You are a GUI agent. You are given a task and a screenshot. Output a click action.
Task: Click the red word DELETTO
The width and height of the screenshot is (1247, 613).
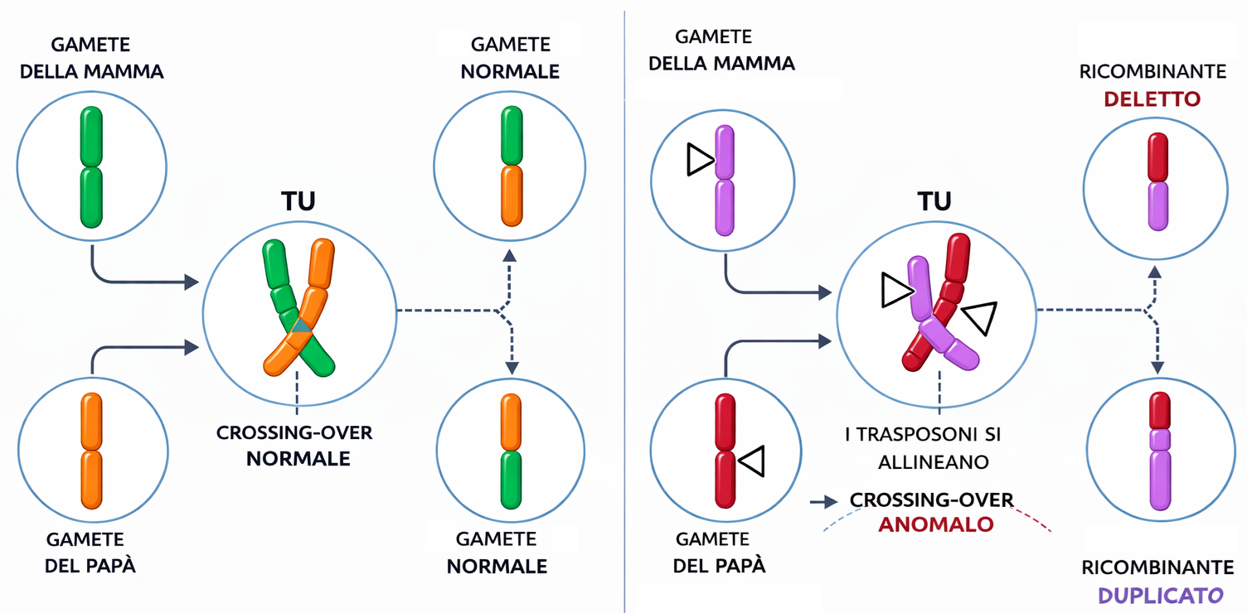[1152, 99]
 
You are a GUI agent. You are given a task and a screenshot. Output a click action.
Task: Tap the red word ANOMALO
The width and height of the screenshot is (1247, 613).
[935, 524]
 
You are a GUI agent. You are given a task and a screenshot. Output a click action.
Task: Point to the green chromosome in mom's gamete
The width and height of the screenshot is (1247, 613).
[91, 167]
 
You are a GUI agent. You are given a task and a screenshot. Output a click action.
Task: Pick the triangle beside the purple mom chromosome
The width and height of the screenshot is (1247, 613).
[700, 159]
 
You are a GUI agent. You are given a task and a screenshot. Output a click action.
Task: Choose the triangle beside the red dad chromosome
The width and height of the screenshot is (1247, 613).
[751, 461]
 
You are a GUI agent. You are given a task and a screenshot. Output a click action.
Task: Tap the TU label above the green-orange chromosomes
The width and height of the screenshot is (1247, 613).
[298, 201]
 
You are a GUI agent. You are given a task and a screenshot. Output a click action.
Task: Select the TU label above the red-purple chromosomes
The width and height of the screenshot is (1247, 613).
[934, 201]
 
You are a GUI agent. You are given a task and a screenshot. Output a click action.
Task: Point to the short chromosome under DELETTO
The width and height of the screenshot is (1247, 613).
[1157, 181]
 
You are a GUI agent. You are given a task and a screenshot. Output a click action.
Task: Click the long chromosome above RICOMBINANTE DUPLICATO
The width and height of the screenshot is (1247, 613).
[1159, 451]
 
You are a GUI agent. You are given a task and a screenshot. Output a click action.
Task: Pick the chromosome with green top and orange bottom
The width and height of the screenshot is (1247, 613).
[512, 167]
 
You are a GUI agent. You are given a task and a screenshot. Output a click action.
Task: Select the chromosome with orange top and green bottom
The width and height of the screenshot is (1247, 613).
[512, 451]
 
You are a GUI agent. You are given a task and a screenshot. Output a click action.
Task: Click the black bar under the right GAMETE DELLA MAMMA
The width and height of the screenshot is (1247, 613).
[739, 89]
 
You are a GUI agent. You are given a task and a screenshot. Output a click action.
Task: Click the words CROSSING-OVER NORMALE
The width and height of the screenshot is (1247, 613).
[295, 446]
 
